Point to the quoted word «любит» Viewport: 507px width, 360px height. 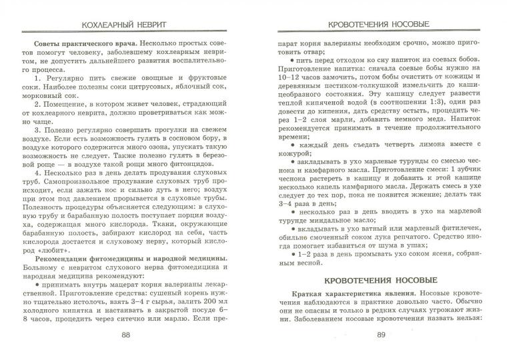pos(38,248)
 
